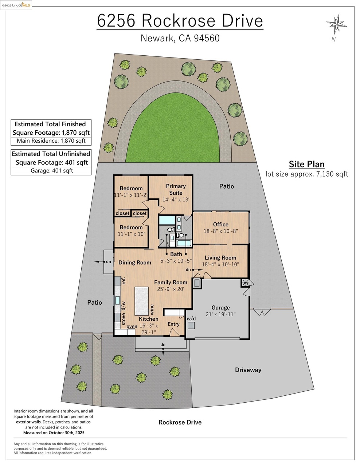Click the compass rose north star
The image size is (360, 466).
pos(336,24)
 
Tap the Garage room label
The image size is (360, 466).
pos(220,308)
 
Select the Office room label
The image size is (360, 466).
pos(220,224)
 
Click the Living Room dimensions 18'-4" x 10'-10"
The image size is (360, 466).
pos(220,264)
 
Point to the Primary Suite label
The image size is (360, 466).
pos(176,189)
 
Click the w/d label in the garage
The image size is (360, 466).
pos(191,319)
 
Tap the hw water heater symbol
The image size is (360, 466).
pos(245,283)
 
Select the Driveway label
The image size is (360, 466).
pos(248,370)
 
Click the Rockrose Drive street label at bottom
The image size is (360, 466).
pos(180,422)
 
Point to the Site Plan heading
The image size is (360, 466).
pos(306,164)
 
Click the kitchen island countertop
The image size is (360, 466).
pos(141,301)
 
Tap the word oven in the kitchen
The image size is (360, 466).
pos(132,327)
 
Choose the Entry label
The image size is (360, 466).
pos(173,324)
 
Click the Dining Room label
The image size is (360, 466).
pos(135,262)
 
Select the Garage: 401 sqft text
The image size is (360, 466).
pos(52,171)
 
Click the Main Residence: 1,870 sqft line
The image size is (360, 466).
pos(51,141)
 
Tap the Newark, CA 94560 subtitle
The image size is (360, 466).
pos(180,38)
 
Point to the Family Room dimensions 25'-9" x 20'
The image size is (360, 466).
pos(171,289)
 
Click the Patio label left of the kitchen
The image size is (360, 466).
pos(94,303)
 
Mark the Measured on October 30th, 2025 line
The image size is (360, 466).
pos(54,433)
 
